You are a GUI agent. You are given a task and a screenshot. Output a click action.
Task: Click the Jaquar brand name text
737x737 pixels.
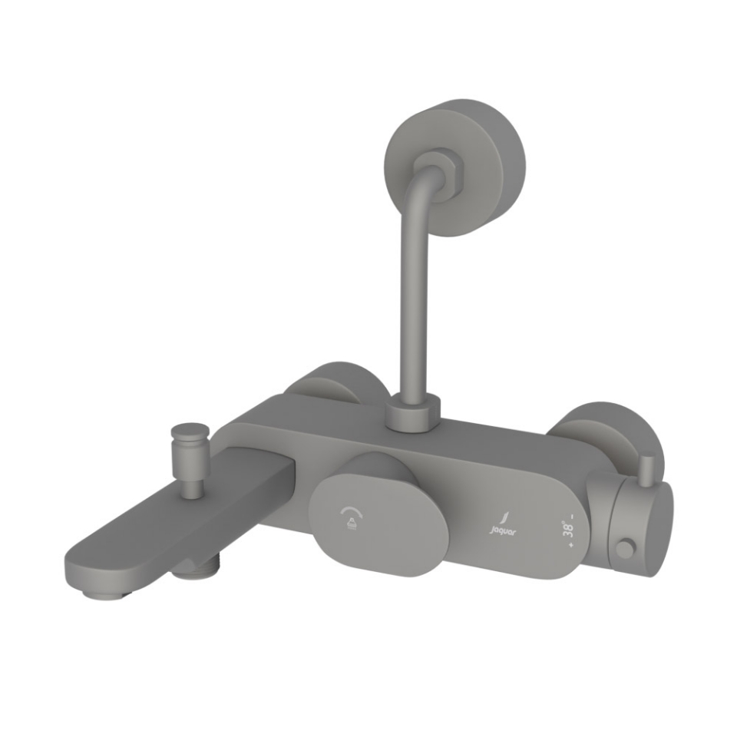[501, 530]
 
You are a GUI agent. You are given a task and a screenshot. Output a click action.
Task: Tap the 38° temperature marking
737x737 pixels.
[569, 530]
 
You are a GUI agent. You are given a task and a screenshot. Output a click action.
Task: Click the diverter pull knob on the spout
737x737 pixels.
[188, 441]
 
